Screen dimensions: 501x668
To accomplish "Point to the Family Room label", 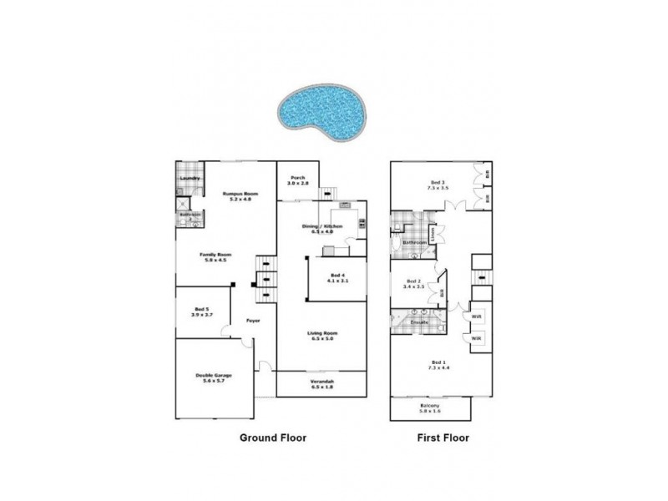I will tap(215, 256).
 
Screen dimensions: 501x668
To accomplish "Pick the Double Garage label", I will tap(214, 377).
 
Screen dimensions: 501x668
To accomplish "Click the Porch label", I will tap(296, 179).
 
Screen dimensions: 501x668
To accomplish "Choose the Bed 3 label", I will tap(438, 184).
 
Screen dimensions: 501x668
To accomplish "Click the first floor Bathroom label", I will tap(415, 243).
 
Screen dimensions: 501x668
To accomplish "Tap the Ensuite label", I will tap(419, 321).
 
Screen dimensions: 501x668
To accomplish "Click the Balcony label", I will tap(431, 407).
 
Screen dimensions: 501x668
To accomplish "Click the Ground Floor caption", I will tap(274, 438).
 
